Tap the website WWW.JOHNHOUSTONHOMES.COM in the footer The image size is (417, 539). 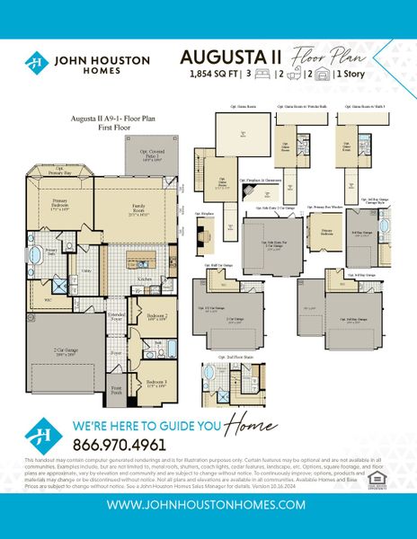point(208,505)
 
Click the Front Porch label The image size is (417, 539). point(116,391)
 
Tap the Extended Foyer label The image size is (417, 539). point(117,316)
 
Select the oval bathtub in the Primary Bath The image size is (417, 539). point(38,262)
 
